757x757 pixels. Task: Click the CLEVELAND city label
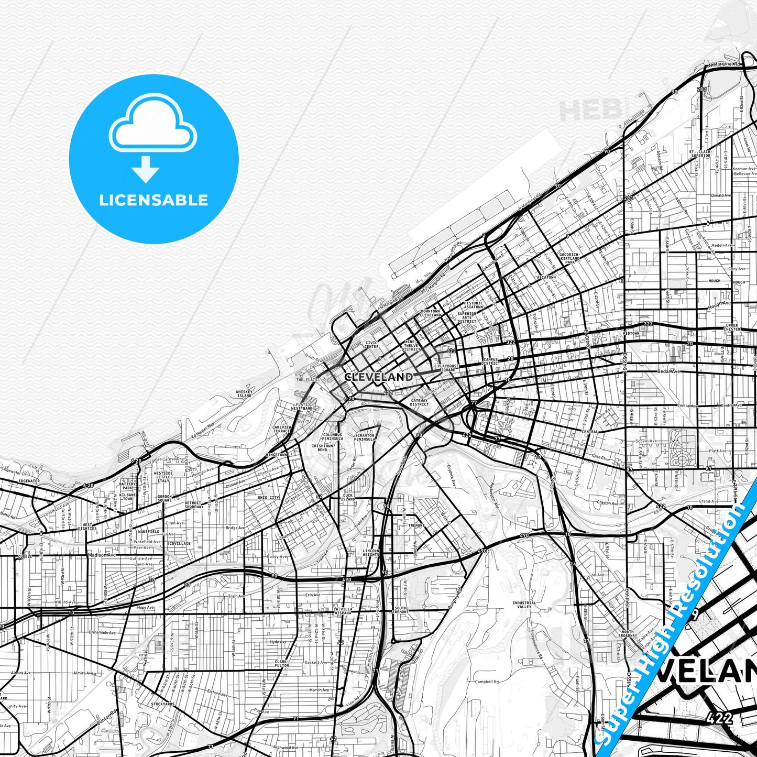[x=378, y=377]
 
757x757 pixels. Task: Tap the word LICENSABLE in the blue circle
[x=153, y=200]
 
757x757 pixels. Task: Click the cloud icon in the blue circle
[x=152, y=124]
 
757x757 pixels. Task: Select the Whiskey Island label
[x=244, y=393]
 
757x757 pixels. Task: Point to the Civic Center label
[x=371, y=345]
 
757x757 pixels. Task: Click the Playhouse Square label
[x=448, y=368]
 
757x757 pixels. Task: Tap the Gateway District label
[x=419, y=402]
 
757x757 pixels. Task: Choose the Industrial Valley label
[x=524, y=605]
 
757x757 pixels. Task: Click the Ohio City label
[x=268, y=497]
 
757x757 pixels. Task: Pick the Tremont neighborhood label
[x=416, y=525]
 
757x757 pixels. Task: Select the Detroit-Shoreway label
[x=194, y=505]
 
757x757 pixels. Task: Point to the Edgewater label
[x=29, y=480]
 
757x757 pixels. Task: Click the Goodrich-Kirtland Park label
[x=570, y=258]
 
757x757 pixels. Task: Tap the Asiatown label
[x=546, y=277]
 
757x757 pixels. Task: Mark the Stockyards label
[x=163, y=704]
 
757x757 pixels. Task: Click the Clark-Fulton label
[x=281, y=663]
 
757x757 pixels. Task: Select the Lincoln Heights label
[x=371, y=553]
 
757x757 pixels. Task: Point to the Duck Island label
[x=348, y=497]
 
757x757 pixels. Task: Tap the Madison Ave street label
[x=102, y=555]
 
